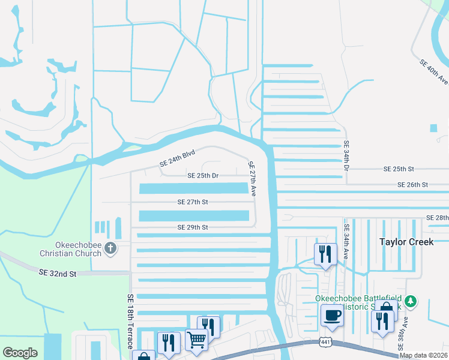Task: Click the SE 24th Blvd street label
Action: [178, 158]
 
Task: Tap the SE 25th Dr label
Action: [202, 176]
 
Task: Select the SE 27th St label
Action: [193, 202]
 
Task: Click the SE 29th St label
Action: [193, 227]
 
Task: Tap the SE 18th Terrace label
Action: [130, 321]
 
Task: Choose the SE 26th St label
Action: [412, 185]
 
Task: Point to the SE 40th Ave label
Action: [434, 71]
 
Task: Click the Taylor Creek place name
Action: [405, 241]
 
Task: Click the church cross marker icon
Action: [110, 248]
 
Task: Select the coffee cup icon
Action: [331, 314]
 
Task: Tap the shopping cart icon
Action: [196, 339]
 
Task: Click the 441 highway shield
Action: [325, 341]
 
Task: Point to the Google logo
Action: [20, 353]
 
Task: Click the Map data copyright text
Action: [423, 355]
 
